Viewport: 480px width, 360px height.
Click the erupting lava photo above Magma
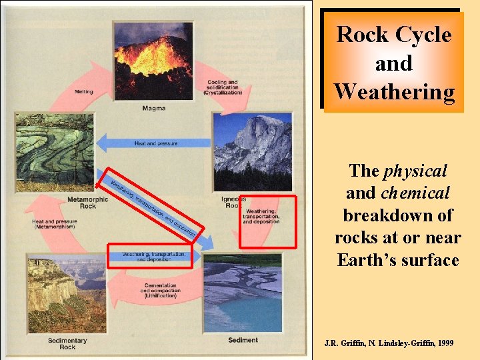click(153, 61)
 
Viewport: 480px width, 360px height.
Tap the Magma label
click(153, 107)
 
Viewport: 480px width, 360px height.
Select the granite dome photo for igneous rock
click(252, 151)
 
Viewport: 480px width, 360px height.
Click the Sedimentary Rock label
click(67, 343)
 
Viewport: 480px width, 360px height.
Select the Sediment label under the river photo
click(243, 340)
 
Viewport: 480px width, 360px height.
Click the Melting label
click(84, 92)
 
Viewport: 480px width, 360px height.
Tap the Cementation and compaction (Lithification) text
click(158, 291)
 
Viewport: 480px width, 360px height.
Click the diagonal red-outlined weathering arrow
click(150, 207)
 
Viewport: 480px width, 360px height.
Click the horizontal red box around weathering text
click(150, 255)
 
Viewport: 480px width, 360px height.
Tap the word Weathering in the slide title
click(393, 91)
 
